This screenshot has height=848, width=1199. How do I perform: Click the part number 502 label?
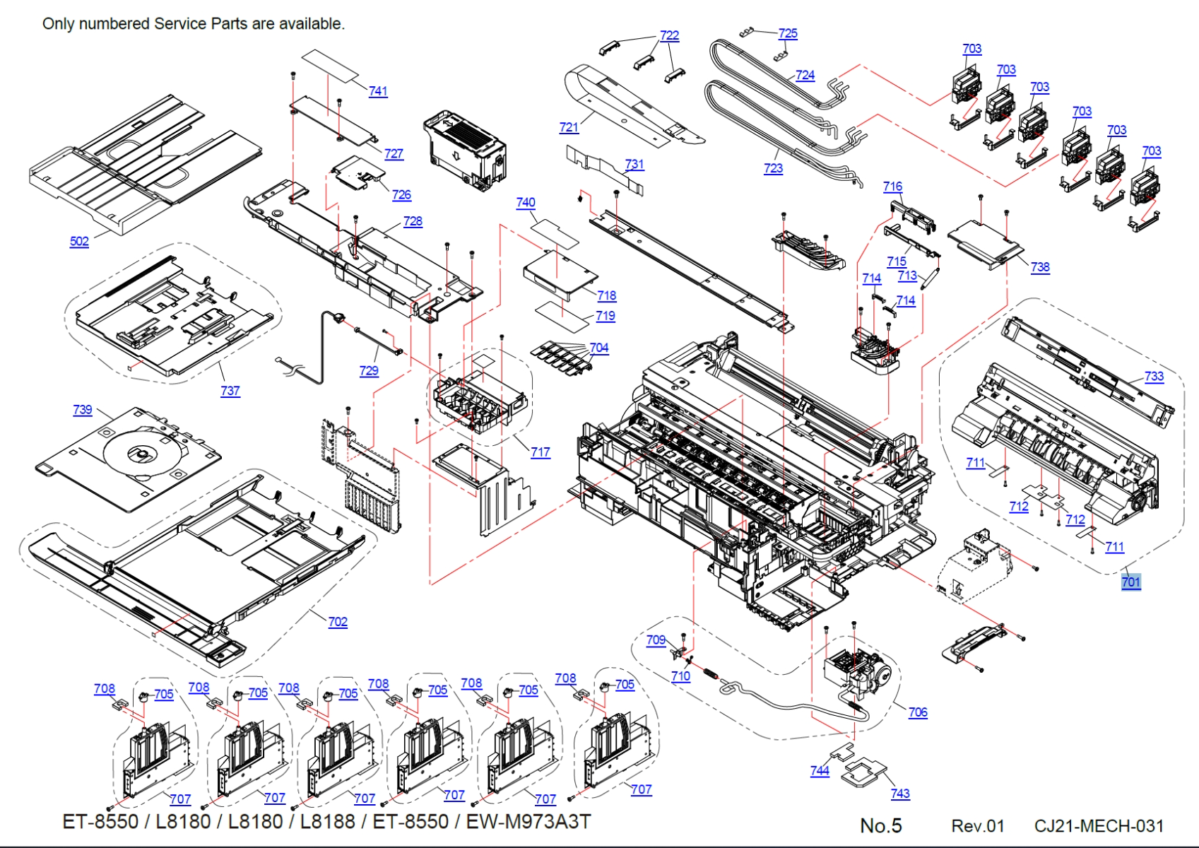(79, 241)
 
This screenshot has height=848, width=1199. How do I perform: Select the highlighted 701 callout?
(1130, 582)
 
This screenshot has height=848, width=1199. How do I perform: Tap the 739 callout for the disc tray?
(82, 409)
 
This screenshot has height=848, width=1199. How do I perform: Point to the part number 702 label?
(338, 622)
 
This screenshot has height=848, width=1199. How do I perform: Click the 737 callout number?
(230, 391)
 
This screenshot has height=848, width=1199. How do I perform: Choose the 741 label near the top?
(378, 91)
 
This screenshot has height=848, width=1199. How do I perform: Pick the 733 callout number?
(1154, 376)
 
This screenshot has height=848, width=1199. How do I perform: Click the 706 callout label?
(918, 712)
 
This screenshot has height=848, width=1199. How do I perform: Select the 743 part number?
(900, 794)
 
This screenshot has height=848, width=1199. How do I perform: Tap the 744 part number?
(820, 771)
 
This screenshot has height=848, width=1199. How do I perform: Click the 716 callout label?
(892, 187)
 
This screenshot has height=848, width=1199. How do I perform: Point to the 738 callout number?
(1040, 267)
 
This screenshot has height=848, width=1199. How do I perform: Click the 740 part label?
(526, 202)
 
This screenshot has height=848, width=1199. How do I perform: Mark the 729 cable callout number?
(369, 370)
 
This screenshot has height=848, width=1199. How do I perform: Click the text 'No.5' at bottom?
(880, 825)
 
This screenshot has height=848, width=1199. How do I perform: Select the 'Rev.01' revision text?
(977, 825)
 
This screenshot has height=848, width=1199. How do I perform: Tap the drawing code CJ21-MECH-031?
(1099, 825)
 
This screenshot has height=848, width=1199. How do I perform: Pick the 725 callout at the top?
(788, 33)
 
